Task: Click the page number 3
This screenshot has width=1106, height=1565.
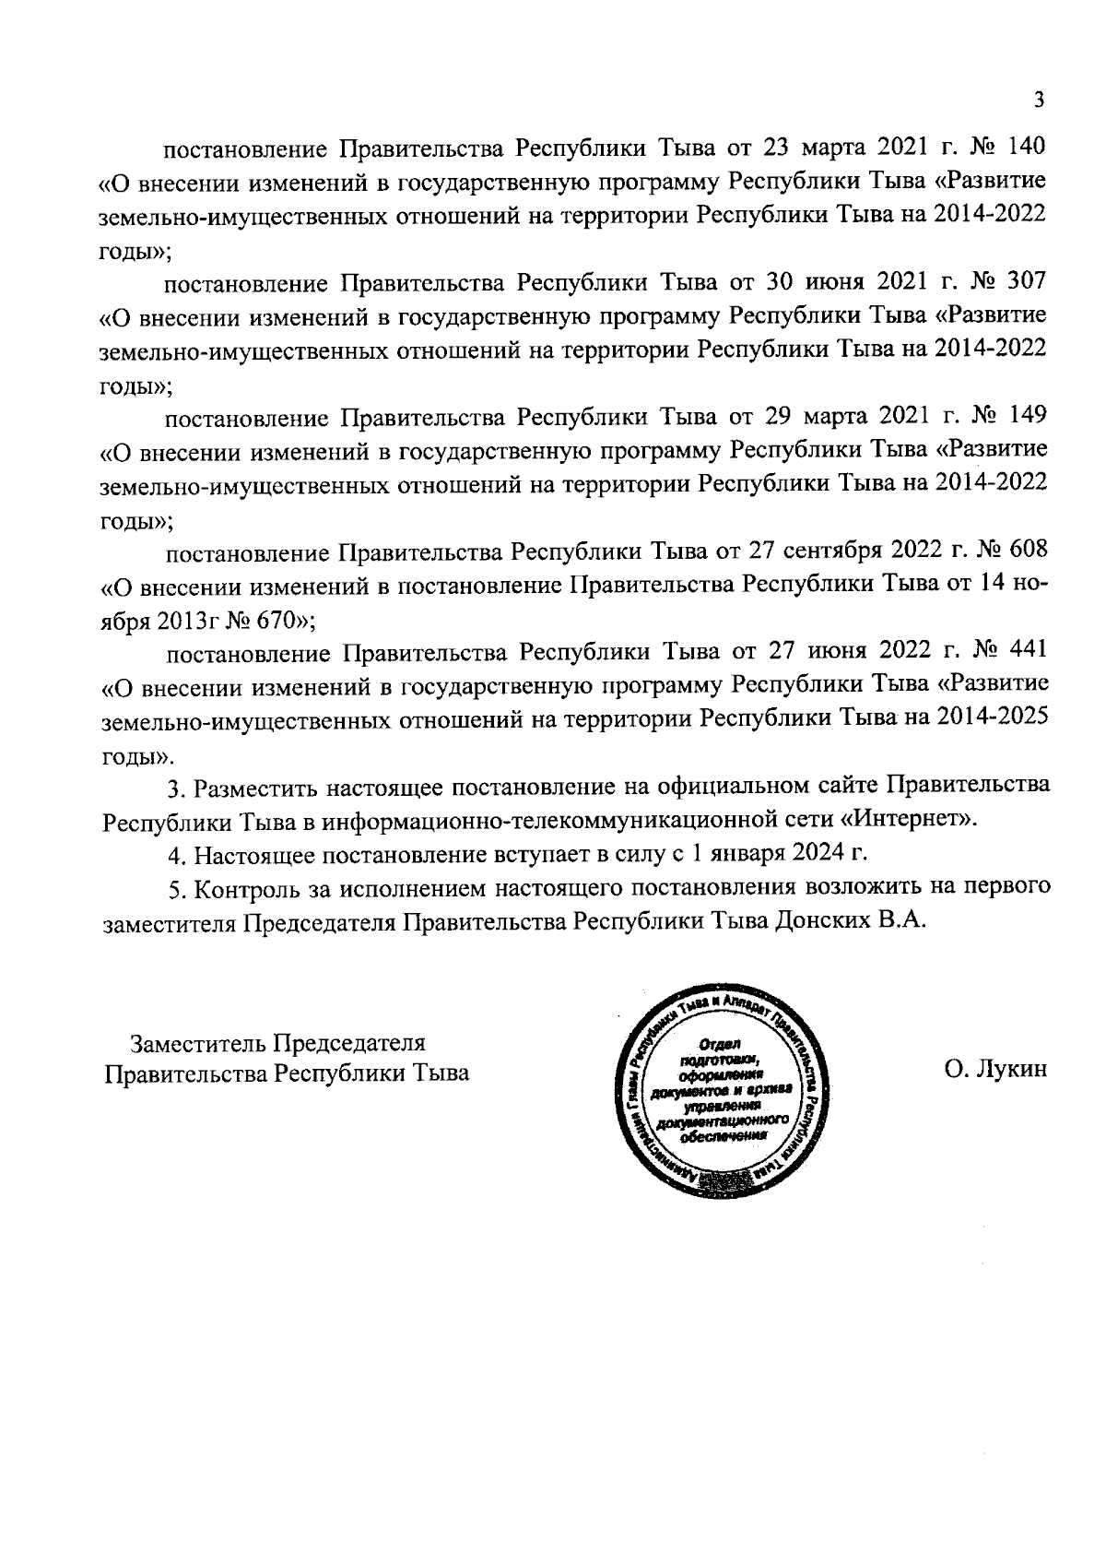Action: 1039,101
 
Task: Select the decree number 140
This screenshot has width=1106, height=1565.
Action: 1029,147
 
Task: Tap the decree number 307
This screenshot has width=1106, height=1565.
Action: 1029,281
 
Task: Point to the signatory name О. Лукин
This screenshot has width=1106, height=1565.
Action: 995,1073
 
